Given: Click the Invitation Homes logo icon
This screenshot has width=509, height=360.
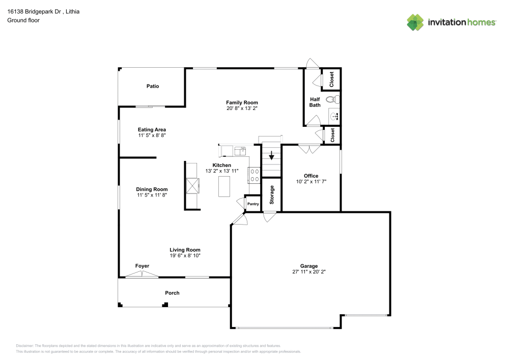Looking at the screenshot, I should (x=415, y=22).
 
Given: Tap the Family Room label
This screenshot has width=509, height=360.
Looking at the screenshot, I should (x=242, y=102).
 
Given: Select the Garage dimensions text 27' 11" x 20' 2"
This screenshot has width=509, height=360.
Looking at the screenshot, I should (x=309, y=272).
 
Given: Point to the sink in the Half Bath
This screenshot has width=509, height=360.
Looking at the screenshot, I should (x=334, y=117).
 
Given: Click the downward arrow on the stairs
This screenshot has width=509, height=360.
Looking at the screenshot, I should (x=272, y=155).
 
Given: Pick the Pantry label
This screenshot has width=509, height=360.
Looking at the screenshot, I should (x=253, y=204).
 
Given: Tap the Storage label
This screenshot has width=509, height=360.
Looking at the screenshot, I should (x=272, y=195).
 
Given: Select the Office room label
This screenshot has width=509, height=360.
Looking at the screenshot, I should (x=311, y=176).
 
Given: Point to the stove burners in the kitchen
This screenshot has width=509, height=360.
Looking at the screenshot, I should (x=254, y=176).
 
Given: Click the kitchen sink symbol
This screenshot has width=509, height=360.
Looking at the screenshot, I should (x=240, y=150).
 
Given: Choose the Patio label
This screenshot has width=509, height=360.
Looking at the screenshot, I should (x=153, y=86).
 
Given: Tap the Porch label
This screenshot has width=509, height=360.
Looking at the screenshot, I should (x=172, y=293).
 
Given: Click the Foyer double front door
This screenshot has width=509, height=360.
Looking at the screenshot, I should (x=142, y=274).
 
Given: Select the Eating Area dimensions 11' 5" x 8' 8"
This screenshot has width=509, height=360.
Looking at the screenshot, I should (x=152, y=135).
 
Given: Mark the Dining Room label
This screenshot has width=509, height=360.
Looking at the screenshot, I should (x=152, y=189).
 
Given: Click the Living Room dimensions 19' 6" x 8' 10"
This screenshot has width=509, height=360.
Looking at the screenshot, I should (x=185, y=256).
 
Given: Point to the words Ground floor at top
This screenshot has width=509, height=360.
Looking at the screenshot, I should (x=23, y=20).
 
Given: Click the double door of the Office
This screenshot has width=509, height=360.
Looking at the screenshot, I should (x=309, y=149).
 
